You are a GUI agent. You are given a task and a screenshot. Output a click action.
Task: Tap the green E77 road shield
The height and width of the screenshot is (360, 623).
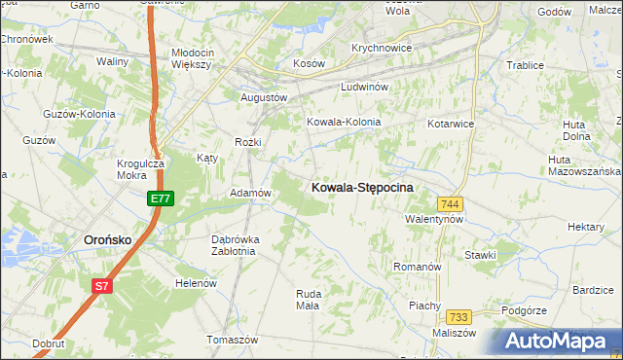click(161, 198)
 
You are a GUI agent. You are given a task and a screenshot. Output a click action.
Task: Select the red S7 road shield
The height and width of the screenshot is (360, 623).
click(102, 286)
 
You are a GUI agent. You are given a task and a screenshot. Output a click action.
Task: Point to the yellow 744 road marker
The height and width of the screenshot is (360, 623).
click(449, 204)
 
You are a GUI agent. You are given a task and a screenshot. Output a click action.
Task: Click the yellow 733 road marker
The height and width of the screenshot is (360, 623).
click(459, 317)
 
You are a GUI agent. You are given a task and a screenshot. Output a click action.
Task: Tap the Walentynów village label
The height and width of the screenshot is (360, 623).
click(433, 220)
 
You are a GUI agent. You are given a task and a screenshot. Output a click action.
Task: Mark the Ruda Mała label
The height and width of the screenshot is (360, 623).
click(308, 299)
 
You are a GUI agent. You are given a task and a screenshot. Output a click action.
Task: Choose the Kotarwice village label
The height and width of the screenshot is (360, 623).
click(450, 125)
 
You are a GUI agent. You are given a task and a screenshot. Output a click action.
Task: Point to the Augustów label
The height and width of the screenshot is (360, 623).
click(264, 98)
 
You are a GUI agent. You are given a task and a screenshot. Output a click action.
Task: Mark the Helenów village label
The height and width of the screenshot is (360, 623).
click(194, 283)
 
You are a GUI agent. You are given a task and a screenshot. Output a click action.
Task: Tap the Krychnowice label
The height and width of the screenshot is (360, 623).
click(382, 48)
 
